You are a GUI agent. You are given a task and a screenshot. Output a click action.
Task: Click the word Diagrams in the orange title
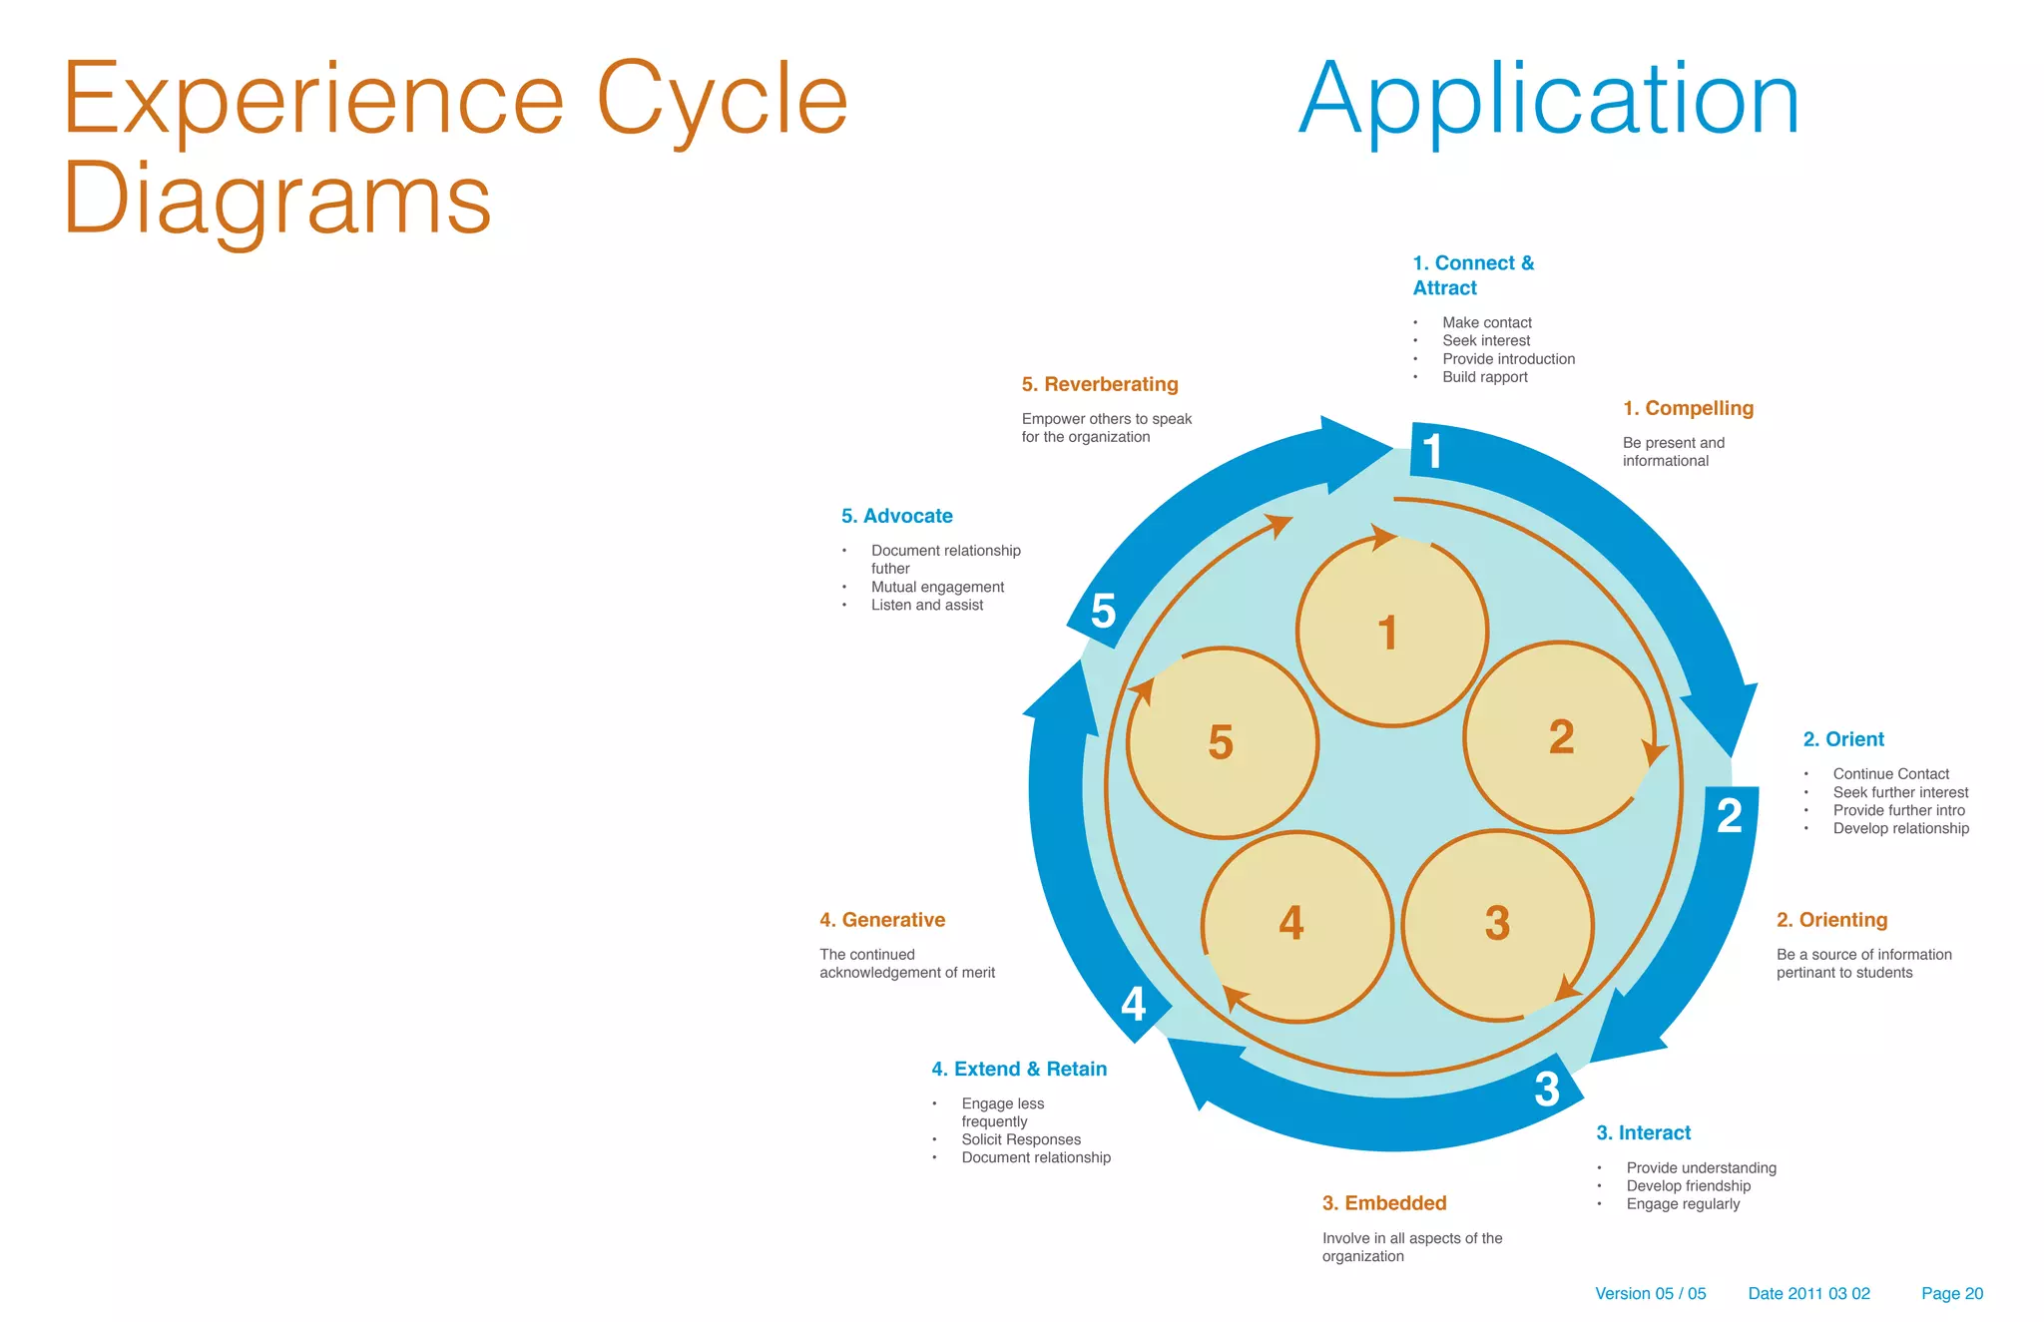pyautogui.click(x=277, y=200)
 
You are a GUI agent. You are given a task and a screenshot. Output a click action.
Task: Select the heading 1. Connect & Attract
pyautogui.click(x=1472, y=275)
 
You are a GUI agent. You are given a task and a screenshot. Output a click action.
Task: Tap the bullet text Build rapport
pyautogui.click(x=1484, y=377)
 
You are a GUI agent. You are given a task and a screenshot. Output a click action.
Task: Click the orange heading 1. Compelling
pyautogui.click(x=1687, y=408)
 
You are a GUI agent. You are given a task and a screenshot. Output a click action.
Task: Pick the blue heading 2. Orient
pyautogui.click(x=1842, y=739)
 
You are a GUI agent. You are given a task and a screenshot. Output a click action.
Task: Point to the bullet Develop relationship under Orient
pyautogui.click(x=1900, y=828)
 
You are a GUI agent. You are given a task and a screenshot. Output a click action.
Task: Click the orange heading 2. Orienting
pyautogui.click(x=1831, y=920)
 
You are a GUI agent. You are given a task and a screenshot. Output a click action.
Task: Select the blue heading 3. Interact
pyautogui.click(x=1643, y=1132)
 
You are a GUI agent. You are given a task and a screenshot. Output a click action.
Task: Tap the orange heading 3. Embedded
pyautogui.click(x=1384, y=1203)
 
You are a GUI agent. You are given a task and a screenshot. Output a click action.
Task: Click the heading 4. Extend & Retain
pyautogui.click(x=1019, y=1069)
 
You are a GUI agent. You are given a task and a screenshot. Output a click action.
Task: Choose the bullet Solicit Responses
pyautogui.click(x=1021, y=1139)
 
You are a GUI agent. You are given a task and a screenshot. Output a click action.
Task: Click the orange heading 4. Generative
pyautogui.click(x=882, y=920)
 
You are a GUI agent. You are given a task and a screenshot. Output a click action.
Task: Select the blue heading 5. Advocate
pyautogui.click(x=896, y=516)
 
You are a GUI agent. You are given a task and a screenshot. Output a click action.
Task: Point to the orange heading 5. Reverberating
pyautogui.click(x=1100, y=384)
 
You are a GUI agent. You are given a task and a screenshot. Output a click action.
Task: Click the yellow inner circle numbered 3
pyautogui.click(x=1497, y=925)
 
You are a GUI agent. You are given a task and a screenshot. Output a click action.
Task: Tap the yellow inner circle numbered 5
pyautogui.click(x=1222, y=743)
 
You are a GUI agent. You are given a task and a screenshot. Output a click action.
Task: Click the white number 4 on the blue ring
pyautogui.click(x=1134, y=1004)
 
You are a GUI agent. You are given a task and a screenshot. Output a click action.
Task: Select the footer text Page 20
pyautogui.click(x=1951, y=1293)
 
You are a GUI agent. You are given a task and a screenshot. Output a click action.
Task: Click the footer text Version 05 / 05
pyautogui.click(x=1650, y=1293)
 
